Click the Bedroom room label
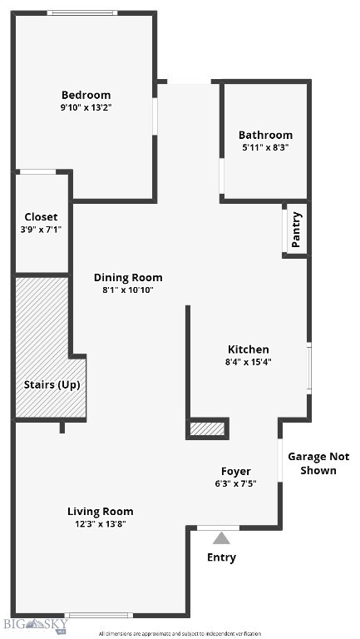(86, 95)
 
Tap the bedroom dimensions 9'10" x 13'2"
(86, 107)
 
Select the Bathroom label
(265, 135)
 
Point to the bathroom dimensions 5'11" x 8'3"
(265, 147)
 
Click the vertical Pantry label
(297, 230)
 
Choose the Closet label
(41, 217)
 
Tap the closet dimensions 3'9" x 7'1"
(41, 230)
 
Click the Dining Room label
(128, 278)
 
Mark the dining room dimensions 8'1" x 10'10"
(128, 290)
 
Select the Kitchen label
(249, 349)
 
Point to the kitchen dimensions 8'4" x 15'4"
(249, 362)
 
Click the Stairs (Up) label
(52, 384)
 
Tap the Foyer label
(235, 471)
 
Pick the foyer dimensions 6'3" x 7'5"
(235, 483)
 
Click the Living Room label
(101, 512)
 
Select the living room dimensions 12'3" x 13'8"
(101, 524)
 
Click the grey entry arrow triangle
(221, 538)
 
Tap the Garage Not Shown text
(318, 463)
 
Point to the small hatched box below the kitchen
(207, 429)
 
